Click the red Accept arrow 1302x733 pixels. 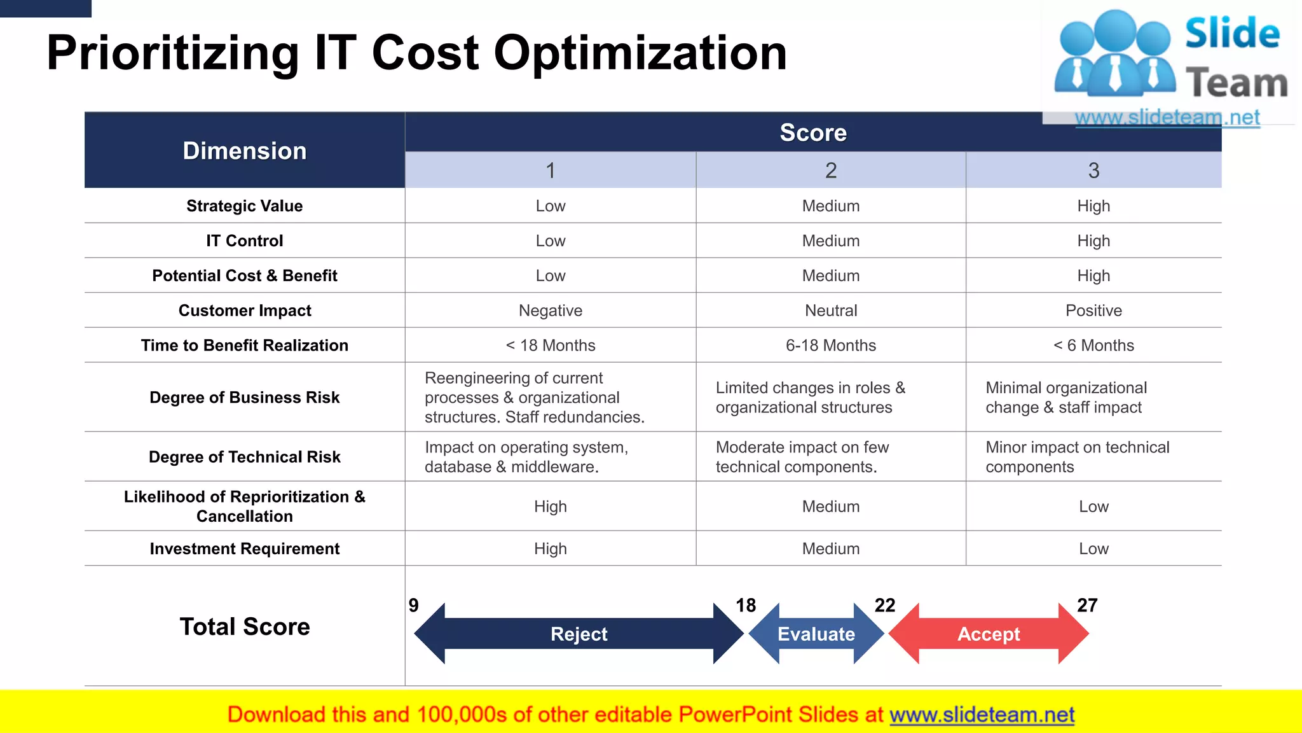[x=989, y=634]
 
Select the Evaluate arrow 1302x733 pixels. [x=816, y=634]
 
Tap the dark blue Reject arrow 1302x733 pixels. [x=579, y=634]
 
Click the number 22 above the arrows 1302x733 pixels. [x=884, y=605]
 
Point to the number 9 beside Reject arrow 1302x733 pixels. [x=414, y=605]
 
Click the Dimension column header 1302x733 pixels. [x=245, y=151]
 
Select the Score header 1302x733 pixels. [x=813, y=132]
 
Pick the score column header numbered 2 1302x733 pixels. [x=830, y=171]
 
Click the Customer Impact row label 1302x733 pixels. [x=245, y=311]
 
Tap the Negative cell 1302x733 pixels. [x=550, y=311]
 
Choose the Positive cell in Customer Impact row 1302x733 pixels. [x=1093, y=311]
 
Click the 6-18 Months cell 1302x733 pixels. [x=830, y=346]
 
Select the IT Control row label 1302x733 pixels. [x=245, y=241]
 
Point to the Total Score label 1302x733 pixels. [x=245, y=627]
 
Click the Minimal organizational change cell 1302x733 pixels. [x=1066, y=398]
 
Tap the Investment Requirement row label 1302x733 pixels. [x=245, y=548]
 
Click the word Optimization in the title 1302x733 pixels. [x=640, y=53]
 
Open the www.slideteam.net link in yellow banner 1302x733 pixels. [x=982, y=715]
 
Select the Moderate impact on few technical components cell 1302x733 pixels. [x=802, y=457]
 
